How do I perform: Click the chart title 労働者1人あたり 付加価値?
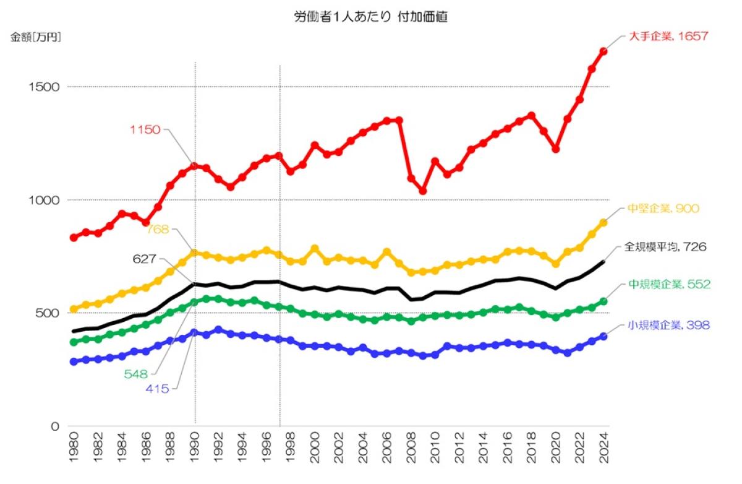[370, 17]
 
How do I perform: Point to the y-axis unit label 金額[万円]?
[36, 38]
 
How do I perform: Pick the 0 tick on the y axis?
[56, 426]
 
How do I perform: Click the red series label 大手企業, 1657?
[668, 36]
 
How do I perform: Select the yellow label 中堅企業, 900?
[663, 209]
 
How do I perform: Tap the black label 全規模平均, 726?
[665, 247]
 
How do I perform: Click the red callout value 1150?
[145, 130]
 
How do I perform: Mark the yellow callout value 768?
[158, 230]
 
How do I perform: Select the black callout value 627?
[144, 259]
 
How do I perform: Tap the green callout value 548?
[136, 374]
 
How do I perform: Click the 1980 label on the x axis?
[74, 444]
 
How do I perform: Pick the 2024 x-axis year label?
[604, 444]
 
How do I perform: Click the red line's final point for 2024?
[603, 51]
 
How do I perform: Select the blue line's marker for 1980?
[74, 361]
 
